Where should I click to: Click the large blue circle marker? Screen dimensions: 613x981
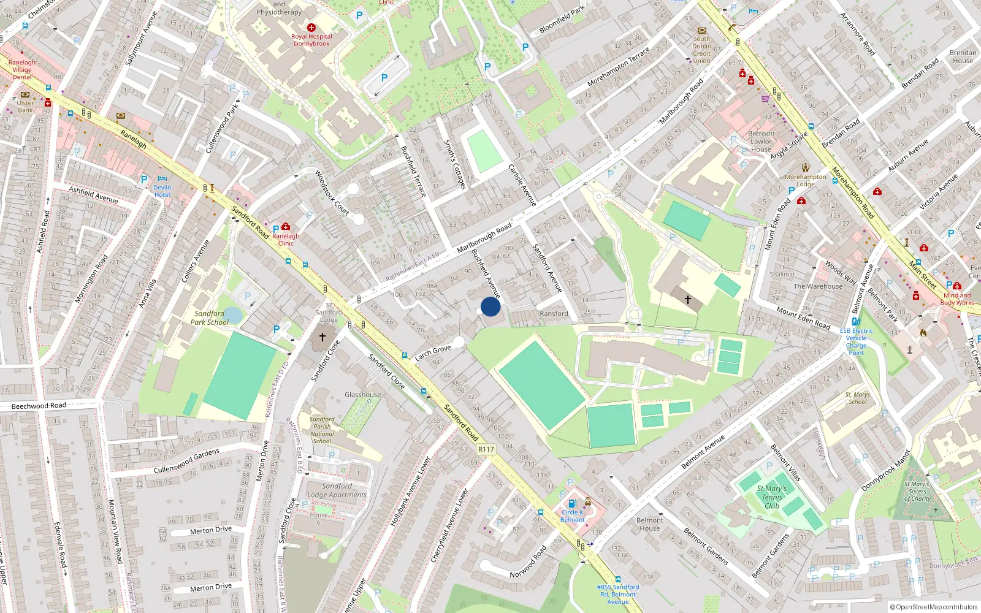[490, 306]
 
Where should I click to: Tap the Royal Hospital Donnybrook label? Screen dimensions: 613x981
[311, 40]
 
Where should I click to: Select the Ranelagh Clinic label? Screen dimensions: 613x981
[286, 239]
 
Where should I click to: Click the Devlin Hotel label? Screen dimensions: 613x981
[162, 191]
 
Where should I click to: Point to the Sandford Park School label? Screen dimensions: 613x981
[209, 318]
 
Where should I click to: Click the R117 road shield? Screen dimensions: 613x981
[486, 449]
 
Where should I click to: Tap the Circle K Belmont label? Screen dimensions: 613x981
[572, 516]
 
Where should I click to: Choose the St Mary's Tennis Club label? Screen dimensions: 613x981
[771, 497]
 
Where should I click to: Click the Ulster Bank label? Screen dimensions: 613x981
[25, 106]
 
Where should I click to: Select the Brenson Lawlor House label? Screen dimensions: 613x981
[761, 141]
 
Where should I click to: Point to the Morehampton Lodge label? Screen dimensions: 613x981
[805, 180]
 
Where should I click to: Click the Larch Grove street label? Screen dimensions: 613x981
[433, 352]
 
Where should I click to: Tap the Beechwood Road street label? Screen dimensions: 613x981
[39, 406]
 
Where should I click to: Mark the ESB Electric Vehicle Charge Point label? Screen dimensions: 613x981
[856, 341]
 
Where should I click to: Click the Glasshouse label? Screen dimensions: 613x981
[362, 395]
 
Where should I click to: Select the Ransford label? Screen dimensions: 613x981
[554, 313]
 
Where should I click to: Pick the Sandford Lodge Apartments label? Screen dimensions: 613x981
[337, 490]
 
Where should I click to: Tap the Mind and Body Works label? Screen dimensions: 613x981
[956, 299]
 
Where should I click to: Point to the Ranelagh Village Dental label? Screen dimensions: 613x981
[22, 70]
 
